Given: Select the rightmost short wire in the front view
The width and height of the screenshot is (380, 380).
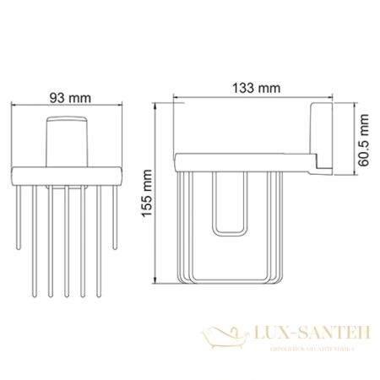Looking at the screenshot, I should click(x=114, y=215).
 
